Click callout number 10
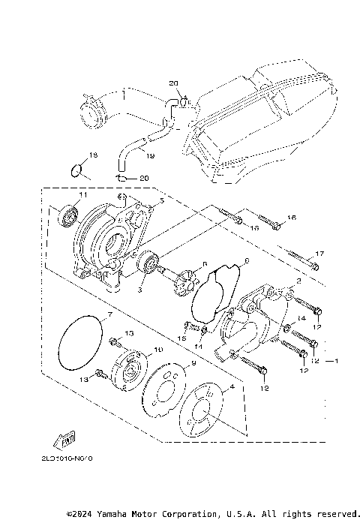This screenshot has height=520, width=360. tap(157, 350)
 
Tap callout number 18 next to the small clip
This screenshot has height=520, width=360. tap(93, 155)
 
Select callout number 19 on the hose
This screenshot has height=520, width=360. tap(149, 156)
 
